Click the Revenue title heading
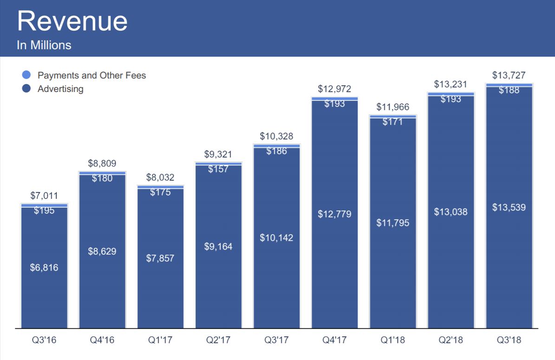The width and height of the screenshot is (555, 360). point(72,21)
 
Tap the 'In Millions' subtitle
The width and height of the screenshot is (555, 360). point(44,45)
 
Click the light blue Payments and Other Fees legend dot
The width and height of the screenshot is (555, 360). point(26,75)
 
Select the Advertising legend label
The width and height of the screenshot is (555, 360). point(60,89)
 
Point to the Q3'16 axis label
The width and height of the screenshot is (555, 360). point(44,340)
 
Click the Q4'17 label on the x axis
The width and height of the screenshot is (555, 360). point(334,340)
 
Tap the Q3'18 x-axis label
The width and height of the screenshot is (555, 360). point(509,340)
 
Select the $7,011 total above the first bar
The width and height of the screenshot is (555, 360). point(44,196)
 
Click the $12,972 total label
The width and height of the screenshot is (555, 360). point(334,89)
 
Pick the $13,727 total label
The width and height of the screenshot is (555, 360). point(509,75)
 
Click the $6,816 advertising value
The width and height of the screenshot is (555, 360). point(44,268)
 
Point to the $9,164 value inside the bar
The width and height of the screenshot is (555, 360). point(218,247)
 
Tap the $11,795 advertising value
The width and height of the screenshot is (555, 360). point(393,223)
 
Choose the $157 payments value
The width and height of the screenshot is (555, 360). point(218,169)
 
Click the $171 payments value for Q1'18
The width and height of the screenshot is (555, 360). point(393,122)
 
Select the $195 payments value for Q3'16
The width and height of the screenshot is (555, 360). point(44,210)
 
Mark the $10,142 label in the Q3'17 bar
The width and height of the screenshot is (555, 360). point(276,238)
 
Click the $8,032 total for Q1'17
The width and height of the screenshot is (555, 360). point(160,177)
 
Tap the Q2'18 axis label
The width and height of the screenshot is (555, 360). point(451,340)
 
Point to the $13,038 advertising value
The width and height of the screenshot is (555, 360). point(451,212)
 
